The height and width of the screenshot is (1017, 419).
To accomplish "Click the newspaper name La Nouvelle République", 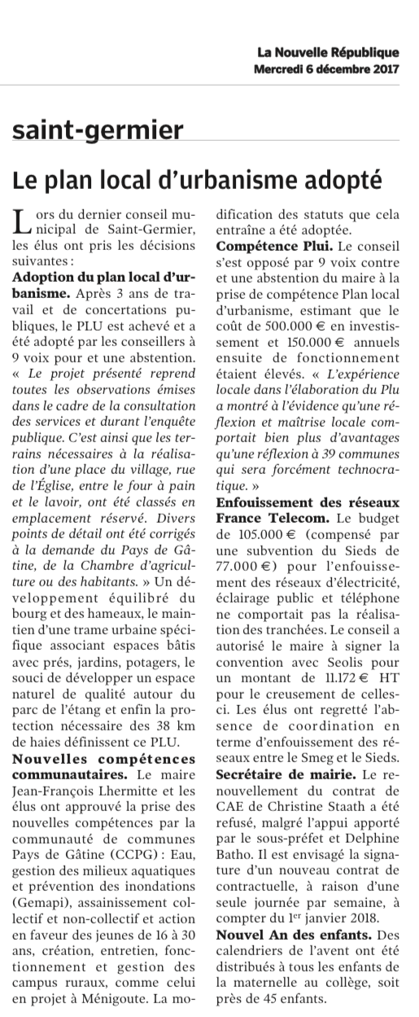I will click(x=328, y=53).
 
